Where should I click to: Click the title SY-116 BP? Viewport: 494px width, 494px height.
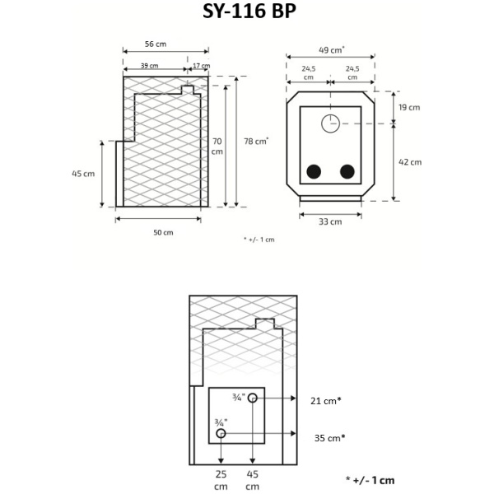247,13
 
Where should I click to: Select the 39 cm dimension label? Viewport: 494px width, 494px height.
149,65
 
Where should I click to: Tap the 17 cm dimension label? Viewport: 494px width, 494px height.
200,65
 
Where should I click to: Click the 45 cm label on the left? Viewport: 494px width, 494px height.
83,174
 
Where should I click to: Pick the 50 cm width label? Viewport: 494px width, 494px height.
163,232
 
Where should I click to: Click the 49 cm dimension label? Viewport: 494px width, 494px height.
331,49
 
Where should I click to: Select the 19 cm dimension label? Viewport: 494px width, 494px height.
409,107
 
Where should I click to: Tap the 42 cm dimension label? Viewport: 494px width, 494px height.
409,162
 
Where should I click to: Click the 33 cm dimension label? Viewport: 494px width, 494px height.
330,221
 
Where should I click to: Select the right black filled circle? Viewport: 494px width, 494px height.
347,172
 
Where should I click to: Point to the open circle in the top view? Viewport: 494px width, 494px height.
330,123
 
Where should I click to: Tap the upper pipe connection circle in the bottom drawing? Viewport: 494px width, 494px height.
253,398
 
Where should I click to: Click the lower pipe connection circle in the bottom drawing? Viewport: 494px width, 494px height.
221,433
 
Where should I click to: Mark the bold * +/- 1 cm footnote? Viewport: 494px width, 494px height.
370,480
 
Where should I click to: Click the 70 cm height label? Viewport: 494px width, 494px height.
217,146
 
